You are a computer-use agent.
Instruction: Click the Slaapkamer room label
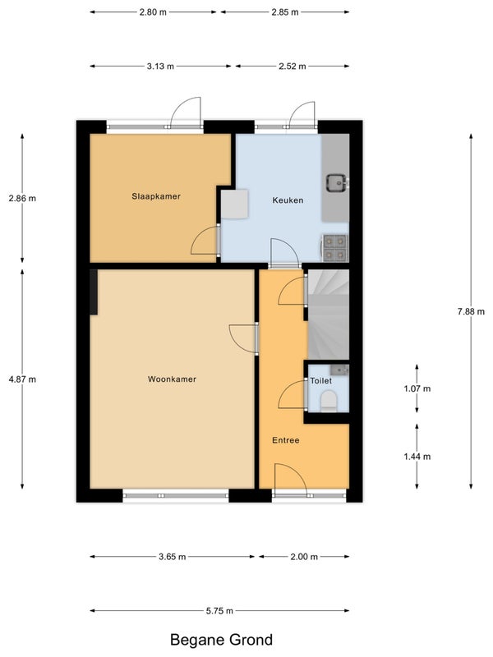(x=156, y=196)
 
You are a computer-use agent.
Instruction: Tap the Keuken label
(x=288, y=200)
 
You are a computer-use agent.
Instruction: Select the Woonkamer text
(x=172, y=379)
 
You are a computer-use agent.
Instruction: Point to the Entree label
(x=285, y=440)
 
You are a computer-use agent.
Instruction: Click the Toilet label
(x=320, y=381)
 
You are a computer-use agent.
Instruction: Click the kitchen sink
(x=338, y=183)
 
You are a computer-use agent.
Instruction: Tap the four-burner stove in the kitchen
(x=335, y=248)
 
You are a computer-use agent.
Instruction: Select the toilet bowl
(x=329, y=401)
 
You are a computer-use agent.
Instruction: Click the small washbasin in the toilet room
(x=339, y=370)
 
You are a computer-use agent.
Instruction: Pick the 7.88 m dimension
(x=471, y=311)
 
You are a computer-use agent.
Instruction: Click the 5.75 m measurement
(x=219, y=611)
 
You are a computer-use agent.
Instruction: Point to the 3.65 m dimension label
(x=172, y=557)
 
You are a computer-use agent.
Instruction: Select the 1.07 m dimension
(x=417, y=388)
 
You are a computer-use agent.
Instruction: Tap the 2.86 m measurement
(x=22, y=198)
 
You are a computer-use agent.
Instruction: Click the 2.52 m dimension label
(x=293, y=67)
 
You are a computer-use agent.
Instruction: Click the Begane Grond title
(x=221, y=640)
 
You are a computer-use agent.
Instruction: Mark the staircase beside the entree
(x=328, y=315)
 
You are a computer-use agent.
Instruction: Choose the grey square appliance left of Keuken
(x=235, y=204)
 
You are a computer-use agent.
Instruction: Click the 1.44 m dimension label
(x=417, y=457)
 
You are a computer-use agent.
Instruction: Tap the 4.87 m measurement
(x=22, y=379)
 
